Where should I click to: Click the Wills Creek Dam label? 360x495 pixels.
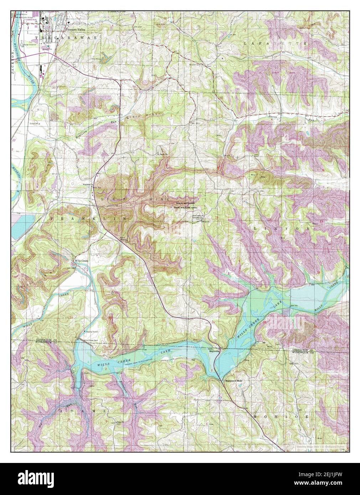84,340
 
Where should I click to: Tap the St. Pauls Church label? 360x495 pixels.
163,154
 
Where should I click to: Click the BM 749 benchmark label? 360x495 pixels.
293,306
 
